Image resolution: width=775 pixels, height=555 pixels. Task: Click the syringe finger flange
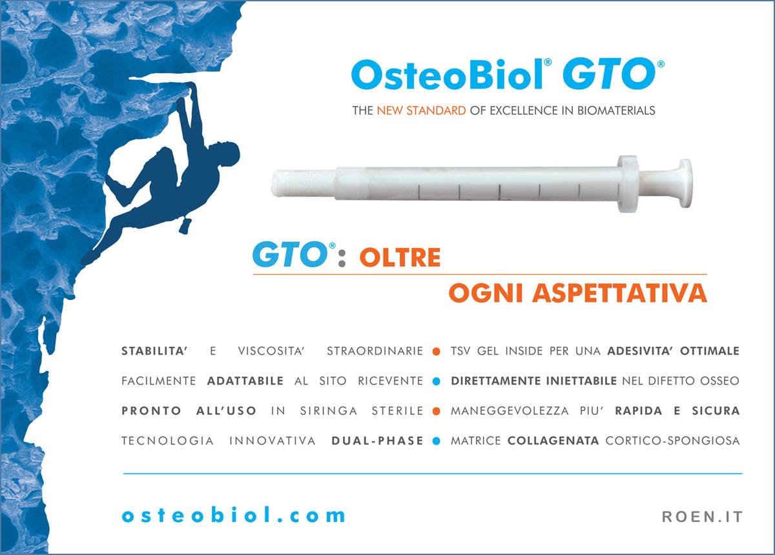[x=626, y=183]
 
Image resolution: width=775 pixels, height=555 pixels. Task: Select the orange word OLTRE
[x=400, y=258]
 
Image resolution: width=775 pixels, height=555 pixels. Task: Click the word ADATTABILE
[x=245, y=381]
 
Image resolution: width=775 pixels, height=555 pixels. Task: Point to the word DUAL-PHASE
[x=377, y=441]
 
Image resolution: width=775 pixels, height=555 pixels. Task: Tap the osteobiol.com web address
[x=234, y=515]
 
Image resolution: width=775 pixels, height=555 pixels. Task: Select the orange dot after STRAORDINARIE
[x=436, y=352]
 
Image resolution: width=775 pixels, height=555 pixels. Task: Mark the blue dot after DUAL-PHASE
[x=436, y=442]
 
